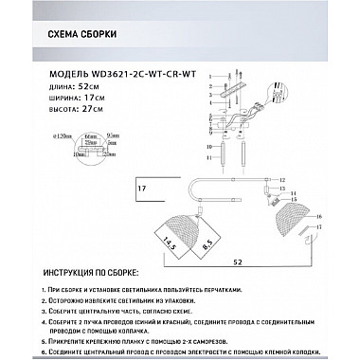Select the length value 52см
click(x=92, y=84)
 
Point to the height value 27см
click(x=94, y=111)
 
